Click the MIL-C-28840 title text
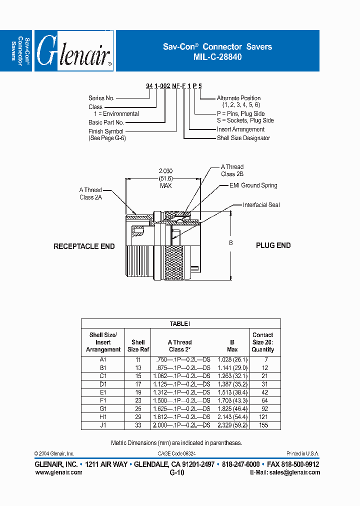[x=217, y=57]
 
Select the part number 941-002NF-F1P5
[x=174, y=86]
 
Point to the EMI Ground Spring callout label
[x=253, y=185]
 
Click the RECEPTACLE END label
[x=84, y=246]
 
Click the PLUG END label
[x=273, y=245]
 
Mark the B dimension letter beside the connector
[x=231, y=243]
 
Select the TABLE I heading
[x=180, y=323]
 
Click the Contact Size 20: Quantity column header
[x=263, y=342]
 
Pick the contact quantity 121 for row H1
[x=263, y=417]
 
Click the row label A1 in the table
[x=103, y=359]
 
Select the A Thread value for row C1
[x=182, y=376]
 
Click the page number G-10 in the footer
[x=177, y=472]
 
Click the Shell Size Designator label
[x=243, y=138]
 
